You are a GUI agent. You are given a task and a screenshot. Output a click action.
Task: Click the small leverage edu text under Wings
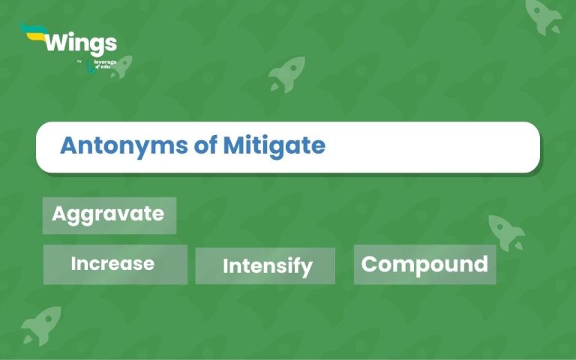click(x=106, y=65)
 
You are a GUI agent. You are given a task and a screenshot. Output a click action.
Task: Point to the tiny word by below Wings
click(x=80, y=61)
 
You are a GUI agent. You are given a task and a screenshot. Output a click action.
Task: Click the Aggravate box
click(x=109, y=214)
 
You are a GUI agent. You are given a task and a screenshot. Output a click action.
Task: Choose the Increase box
click(x=114, y=264)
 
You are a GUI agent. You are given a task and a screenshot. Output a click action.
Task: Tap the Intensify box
click(x=266, y=266)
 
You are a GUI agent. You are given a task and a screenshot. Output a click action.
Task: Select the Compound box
click(x=424, y=264)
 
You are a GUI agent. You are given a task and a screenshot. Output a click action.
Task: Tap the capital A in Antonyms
click(x=68, y=145)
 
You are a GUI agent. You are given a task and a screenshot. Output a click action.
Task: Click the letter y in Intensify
click(x=307, y=268)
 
